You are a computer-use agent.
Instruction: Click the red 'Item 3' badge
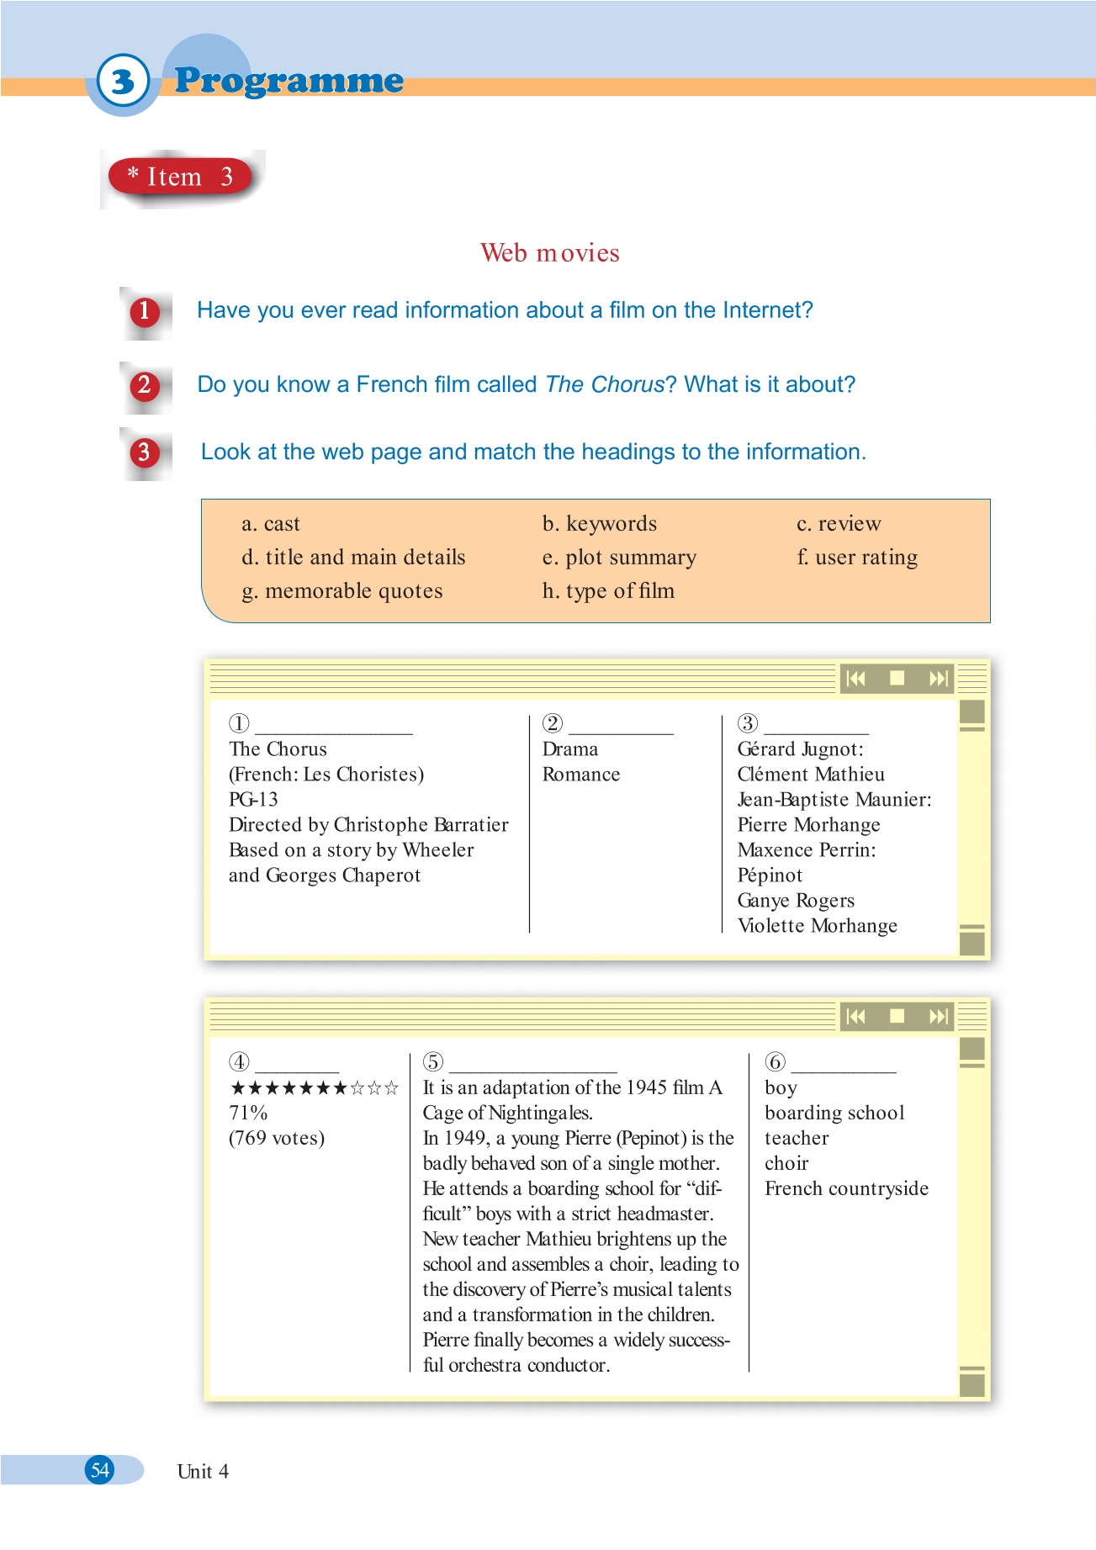coord(180,177)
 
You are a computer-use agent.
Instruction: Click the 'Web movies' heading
coord(549,253)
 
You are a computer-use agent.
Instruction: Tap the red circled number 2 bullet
coord(144,385)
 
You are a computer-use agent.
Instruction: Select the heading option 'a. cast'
coord(271,524)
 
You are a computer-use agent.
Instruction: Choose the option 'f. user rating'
coord(857,558)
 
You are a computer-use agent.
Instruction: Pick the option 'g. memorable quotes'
coord(342,591)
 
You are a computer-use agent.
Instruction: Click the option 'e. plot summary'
coord(619,558)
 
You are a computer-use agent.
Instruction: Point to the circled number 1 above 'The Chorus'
coord(239,723)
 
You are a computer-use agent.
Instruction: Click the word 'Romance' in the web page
coord(581,775)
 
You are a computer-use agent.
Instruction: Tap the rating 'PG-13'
coord(253,800)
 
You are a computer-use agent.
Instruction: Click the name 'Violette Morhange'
coord(817,926)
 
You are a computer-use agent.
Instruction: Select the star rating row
coord(314,1088)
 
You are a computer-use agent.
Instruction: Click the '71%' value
coord(248,1114)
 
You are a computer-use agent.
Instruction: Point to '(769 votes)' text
coord(277,1139)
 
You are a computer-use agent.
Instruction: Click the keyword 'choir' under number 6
coord(786,1164)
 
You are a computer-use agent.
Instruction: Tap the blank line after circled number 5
coord(533,1066)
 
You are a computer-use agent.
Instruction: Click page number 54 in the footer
coord(100,1470)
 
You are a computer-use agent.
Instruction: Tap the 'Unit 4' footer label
coord(203,1472)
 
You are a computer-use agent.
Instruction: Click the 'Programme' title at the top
coord(289,81)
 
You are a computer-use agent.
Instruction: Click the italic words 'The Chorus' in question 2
coord(605,385)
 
